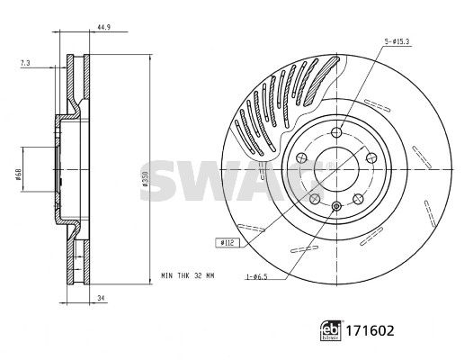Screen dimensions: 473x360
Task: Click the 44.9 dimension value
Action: (103, 27)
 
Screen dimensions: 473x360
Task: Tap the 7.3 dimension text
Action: (25, 63)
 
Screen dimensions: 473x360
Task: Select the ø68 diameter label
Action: (18, 175)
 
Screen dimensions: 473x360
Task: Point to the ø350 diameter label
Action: (145, 178)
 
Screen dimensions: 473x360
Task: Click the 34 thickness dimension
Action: (101, 298)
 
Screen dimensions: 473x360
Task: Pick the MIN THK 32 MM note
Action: (188, 275)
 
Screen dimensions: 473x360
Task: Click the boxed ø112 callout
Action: (228, 242)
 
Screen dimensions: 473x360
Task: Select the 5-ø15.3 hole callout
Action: (397, 41)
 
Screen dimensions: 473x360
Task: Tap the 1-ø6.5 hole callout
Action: (257, 276)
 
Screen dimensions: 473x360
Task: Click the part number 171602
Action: (370, 330)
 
